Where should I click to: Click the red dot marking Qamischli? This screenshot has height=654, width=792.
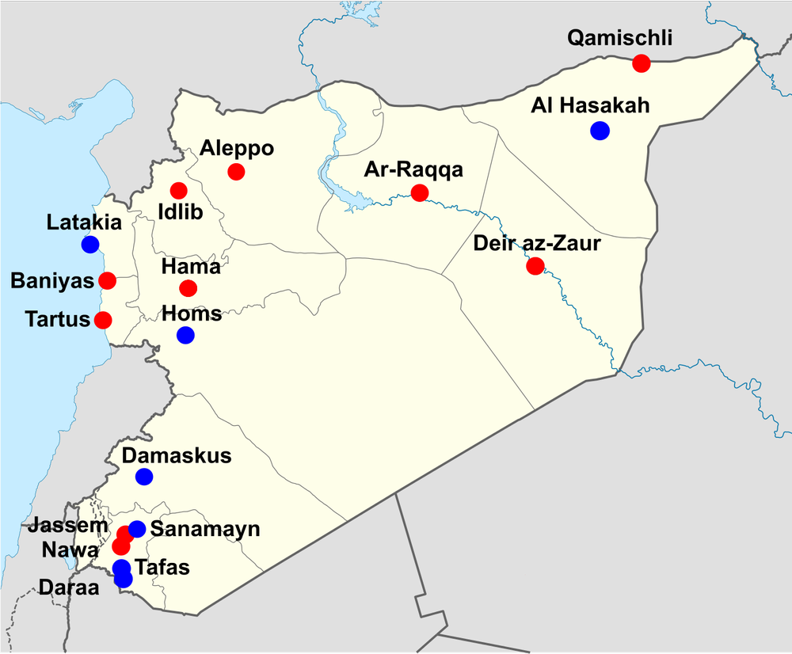[642, 63]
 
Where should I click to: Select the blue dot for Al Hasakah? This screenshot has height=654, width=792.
[600, 131]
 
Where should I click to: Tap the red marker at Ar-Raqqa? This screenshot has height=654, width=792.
[420, 192]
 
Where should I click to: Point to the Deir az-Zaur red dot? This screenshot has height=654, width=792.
[535, 266]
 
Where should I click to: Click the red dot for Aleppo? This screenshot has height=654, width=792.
[236, 172]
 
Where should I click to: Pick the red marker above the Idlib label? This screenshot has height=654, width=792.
[178, 191]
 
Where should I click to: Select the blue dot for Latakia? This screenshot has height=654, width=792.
[90, 245]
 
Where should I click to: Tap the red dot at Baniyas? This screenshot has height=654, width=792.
[107, 280]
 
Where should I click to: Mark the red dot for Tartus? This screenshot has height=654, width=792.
[103, 320]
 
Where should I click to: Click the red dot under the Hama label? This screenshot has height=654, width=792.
[188, 288]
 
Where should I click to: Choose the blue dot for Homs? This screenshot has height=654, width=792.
[185, 335]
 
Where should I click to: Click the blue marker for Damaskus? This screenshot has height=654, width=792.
[144, 477]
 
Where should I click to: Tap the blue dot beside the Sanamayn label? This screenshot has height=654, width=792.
[137, 529]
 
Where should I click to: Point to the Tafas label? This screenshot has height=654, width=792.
[164, 568]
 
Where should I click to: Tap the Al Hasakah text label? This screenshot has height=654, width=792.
[591, 105]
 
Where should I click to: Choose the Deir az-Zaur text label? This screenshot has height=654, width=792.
[538, 243]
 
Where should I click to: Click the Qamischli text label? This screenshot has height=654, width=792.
[621, 37]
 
